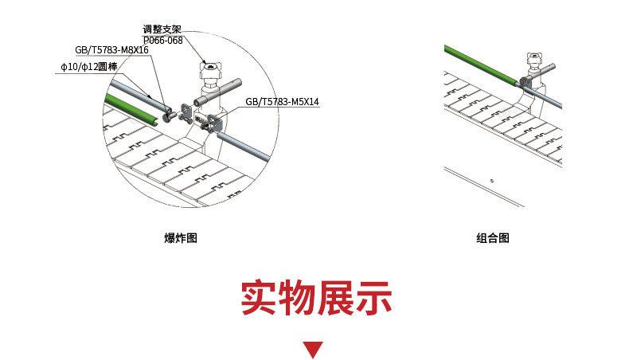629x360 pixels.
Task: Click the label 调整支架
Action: point(162,29)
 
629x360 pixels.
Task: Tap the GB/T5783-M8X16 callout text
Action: point(111,49)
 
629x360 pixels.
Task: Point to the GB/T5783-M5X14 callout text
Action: point(282,102)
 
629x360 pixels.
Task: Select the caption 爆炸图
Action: point(180,238)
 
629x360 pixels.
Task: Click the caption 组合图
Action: point(493,238)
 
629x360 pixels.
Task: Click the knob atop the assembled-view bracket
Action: point(534,57)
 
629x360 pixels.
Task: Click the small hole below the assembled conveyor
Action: point(492,181)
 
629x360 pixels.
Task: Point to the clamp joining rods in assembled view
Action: point(525,80)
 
